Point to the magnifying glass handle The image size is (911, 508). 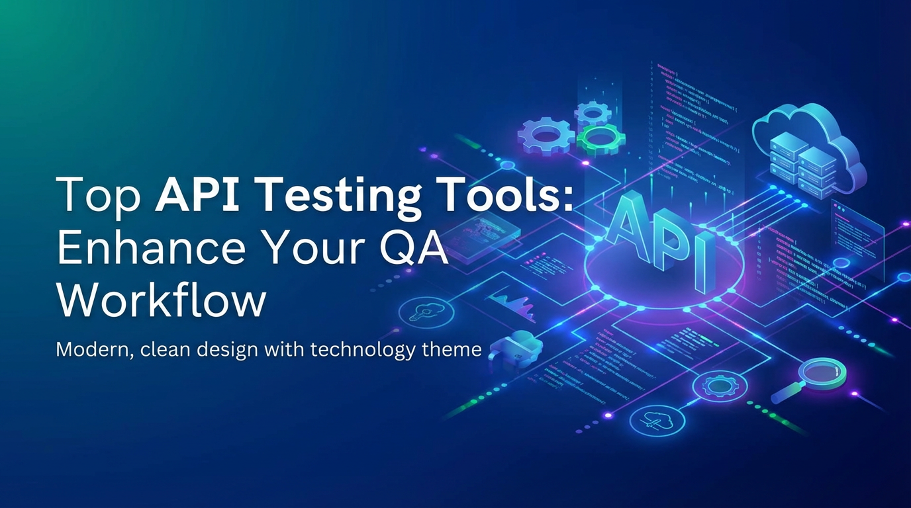pos(784,395)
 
